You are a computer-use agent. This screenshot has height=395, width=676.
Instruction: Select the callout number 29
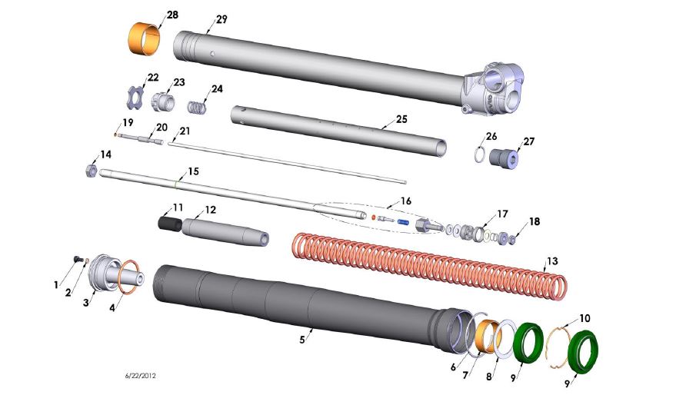(x=221, y=19)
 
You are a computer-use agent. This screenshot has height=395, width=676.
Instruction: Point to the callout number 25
(x=401, y=120)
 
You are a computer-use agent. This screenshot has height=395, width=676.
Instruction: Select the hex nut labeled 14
(x=90, y=170)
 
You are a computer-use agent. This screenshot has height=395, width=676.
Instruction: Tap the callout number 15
(x=193, y=171)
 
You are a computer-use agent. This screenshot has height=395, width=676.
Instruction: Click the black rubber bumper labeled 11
(x=168, y=224)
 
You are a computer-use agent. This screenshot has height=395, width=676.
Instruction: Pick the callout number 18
(x=534, y=221)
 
